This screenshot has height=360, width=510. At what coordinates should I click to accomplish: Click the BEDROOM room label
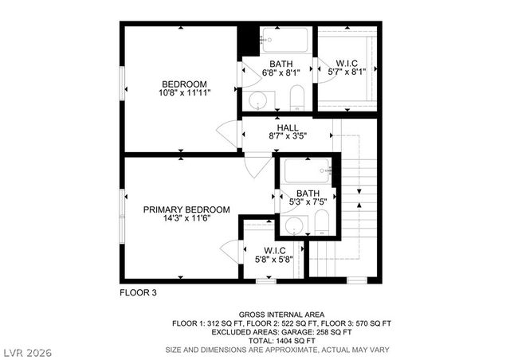pyautogui.click(x=184, y=84)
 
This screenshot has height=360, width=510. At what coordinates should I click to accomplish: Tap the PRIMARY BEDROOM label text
pyautogui.click(x=186, y=209)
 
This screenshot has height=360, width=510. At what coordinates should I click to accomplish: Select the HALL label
pyautogui.click(x=288, y=127)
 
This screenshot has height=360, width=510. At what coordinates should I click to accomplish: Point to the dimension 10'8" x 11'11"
pyautogui.click(x=184, y=93)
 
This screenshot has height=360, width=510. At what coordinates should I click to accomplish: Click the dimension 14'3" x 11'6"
pyautogui.click(x=186, y=219)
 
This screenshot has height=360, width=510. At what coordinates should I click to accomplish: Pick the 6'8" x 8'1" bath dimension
pyautogui.click(x=280, y=73)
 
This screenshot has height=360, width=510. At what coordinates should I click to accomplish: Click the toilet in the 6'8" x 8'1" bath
pyautogui.click(x=296, y=98)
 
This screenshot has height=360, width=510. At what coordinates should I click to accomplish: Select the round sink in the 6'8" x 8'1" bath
pyautogui.click(x=258, y=100)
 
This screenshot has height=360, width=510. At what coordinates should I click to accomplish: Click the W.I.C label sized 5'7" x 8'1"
pyautogui.click(x=347, y=64)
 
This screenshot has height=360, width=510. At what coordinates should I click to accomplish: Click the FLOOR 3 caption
pyautogui.click(x=138, y=292)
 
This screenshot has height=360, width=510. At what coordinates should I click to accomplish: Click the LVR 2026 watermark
pyautogui.click(x=28, y=350)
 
